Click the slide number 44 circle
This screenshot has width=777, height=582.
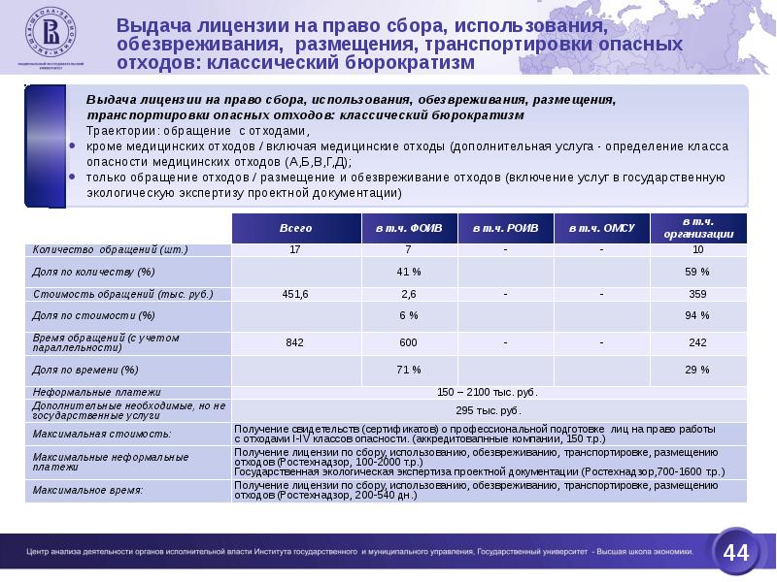736,553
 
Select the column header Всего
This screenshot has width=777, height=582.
295,228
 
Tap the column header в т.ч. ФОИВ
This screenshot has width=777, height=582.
409,228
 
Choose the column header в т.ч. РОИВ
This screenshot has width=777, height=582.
505,228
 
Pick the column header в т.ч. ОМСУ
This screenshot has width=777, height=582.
601,228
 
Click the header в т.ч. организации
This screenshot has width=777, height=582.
698,228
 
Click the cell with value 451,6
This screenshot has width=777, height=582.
295,293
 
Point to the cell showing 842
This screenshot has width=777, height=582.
295,341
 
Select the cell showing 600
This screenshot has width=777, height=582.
409,341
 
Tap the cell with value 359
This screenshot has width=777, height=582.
698,293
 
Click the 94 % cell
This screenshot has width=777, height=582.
698,315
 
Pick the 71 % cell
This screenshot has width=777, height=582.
409,370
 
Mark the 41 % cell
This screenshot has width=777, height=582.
409,271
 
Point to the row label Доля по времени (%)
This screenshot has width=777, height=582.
85,370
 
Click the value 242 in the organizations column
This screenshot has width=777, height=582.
698,341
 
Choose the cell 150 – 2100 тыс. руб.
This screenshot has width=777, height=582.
490,392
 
